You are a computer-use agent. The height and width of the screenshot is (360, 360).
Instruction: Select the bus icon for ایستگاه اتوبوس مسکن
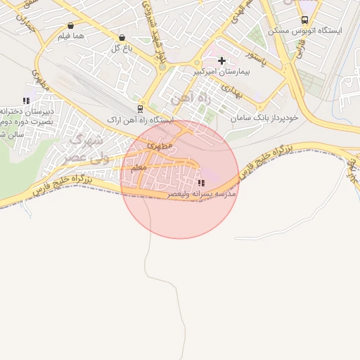[x=304, y=20]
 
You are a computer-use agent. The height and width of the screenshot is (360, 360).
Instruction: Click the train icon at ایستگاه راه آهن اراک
[x=141, y=109]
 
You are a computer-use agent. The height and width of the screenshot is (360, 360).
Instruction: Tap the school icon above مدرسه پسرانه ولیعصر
[x=202, y=182]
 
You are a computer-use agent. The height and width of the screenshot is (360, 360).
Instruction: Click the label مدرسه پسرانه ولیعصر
[x=202, y=193]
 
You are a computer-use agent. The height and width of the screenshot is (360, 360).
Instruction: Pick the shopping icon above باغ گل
[x=122, y=37]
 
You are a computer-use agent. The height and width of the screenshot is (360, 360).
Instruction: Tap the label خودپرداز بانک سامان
[x=267, y=117]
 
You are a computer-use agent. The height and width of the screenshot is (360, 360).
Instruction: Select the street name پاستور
[x=252, y=53]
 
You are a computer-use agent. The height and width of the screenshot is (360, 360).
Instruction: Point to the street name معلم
[x=139, y=168]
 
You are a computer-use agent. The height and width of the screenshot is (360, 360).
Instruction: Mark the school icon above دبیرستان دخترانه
[x=26, y=101]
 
